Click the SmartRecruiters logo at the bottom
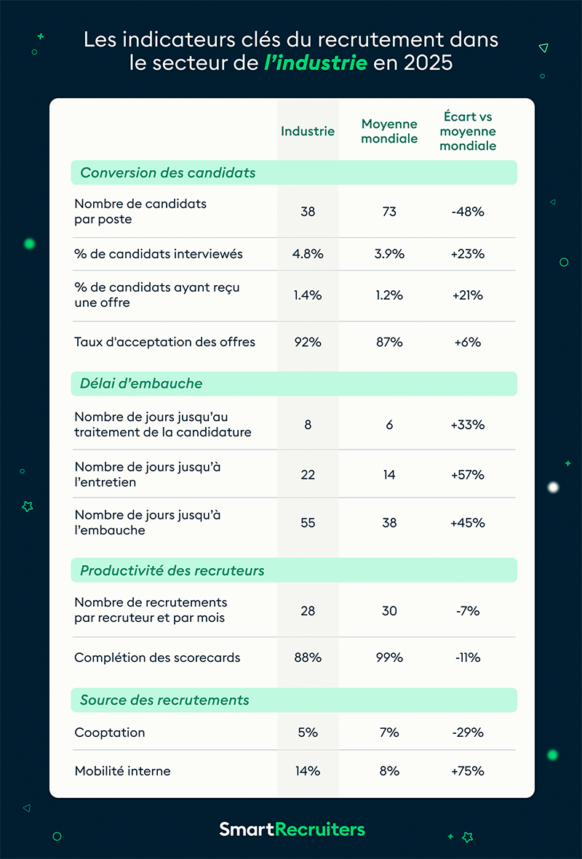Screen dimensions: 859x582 pyautogui.click(x=292, y=829)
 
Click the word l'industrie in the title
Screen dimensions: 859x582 pyautogui.click(x=316, y=63)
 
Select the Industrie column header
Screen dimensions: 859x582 pyautogui.click(x=308, y=131)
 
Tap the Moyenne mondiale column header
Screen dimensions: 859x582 pyautogui.click(x=389, y=132)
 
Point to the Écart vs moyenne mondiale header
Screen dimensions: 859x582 pyautogui.click(x=468, y=131)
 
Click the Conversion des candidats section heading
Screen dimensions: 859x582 pyautogui.click(x=168, y=172)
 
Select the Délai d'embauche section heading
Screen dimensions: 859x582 pyautogui.click(x=141, y=383)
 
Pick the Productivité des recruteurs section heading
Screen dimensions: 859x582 pyautogui.click(x=172, y=570)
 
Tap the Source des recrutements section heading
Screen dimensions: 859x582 pyautogui.click(x=164, y=700)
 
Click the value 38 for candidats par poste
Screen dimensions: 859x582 pyautogui.click(x=308, y=212)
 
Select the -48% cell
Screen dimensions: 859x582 pyautogui.click(x=468, y=212)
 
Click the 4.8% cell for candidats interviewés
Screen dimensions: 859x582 pyautogui.click(x=308, y=254)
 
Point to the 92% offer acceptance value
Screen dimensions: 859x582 pyautogui.click(x=308, y=342)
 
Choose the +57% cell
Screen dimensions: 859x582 pyautogui.click(x=468, y=475)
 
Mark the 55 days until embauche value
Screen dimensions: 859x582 pyautogui.click(x=308, y=523)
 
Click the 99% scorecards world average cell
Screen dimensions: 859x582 pyautogui.click(x=389, y=658)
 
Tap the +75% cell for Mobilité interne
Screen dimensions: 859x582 pyautogui.click(x=468, y=771)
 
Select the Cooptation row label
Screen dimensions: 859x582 pyautogui.click(x=110, y=732)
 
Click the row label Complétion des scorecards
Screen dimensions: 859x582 pyautogui.click(x=157, y=658)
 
